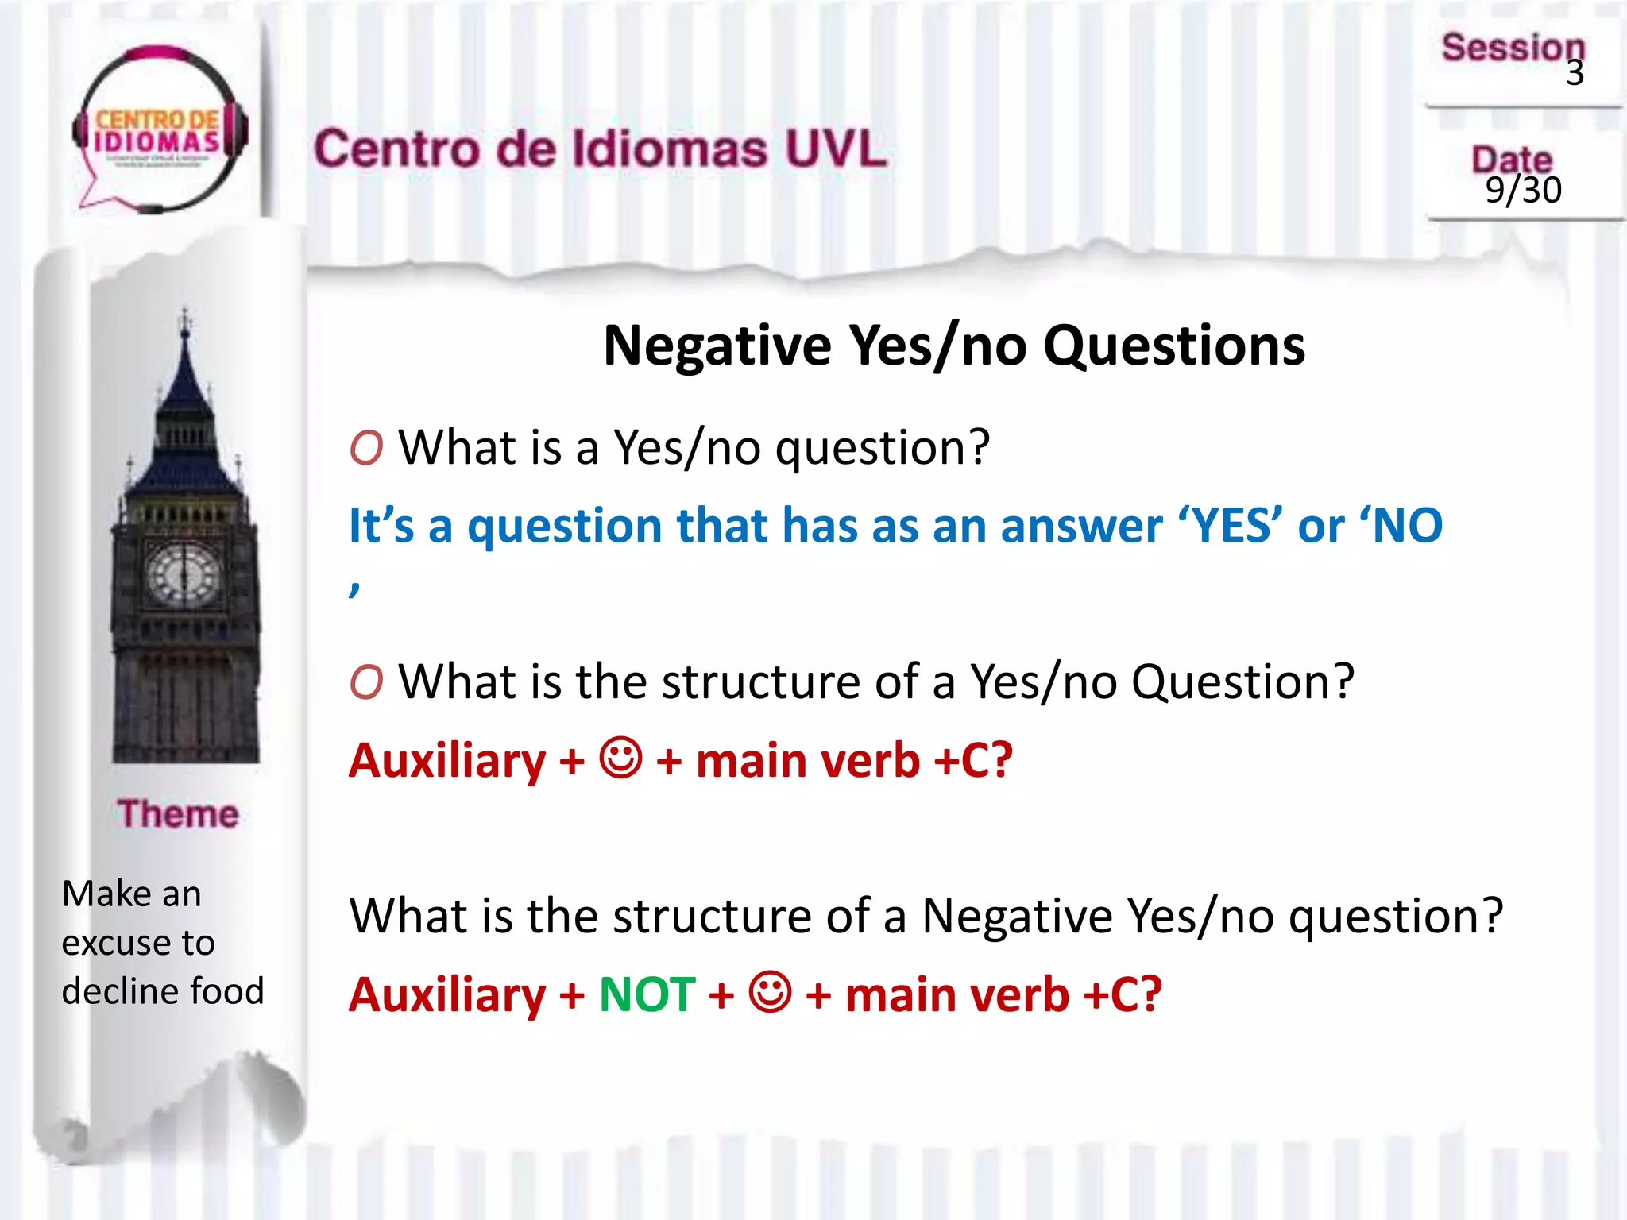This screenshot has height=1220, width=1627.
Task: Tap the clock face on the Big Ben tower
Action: click(x=184, y=573)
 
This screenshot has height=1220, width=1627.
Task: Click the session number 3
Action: click(x=1575, y=73)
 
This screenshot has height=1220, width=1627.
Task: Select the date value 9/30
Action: click(x=1523, y=191)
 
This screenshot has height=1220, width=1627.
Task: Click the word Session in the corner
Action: click(x=1513, y=48)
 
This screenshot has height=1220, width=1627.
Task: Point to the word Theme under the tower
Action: click(x=178, y=814)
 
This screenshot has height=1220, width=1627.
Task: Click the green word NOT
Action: click(x=647, y=994)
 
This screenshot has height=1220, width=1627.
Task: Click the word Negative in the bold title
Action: click(x=717, y=346)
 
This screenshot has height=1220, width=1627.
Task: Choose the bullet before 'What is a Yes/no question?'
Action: click(x=366, y=448)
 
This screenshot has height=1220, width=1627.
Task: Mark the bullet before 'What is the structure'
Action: click(x=366, y=682)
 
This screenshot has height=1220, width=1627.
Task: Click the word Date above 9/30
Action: click(x=1511, y=159)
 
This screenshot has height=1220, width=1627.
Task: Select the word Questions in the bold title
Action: click(x=1173, y=346)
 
